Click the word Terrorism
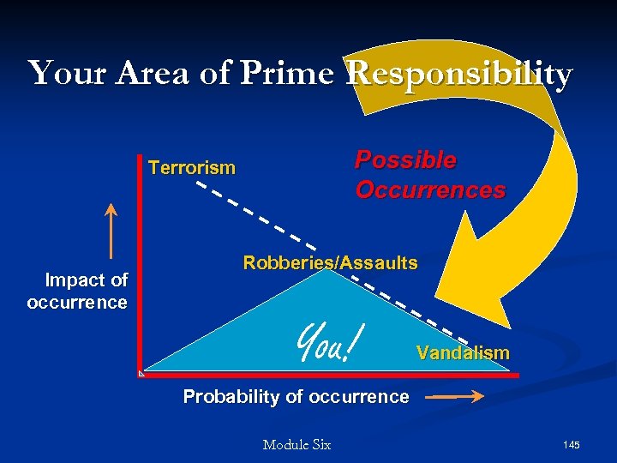[192, 168]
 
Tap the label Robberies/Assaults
[330, 263]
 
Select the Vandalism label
[463, 352]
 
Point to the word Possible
[405, 160]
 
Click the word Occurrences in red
[430, 189]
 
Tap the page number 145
[572, 444]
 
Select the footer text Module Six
[297, 444]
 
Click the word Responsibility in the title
[459, 75]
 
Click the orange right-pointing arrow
[454, 397]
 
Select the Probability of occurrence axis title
[296, 397]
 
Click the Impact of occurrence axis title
[78, 291]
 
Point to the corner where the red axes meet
[141, 374]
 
